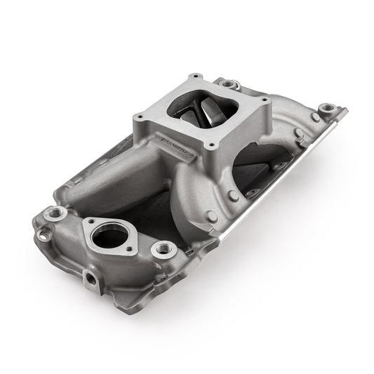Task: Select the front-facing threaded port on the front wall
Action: tap(92, 280)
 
